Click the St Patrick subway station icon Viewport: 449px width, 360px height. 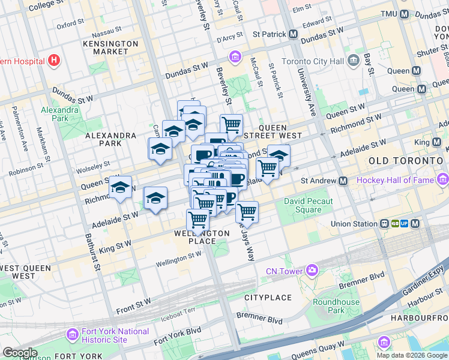(x=293, y=34)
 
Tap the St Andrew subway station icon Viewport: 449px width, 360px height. (x=343, y=181)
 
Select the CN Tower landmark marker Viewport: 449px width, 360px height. (x=312, y=271)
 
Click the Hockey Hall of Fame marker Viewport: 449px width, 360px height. (x=443, y=179)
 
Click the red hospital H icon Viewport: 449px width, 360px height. (x=55, y=60)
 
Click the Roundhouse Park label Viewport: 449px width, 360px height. (x=345, y=306)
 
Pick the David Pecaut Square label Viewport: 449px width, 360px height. (x=303, y=206)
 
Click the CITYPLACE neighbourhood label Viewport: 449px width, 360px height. (x=268, y=298)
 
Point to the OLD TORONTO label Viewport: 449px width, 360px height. (x=405, y=161)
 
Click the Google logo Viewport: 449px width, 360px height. (x=20, y=353)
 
